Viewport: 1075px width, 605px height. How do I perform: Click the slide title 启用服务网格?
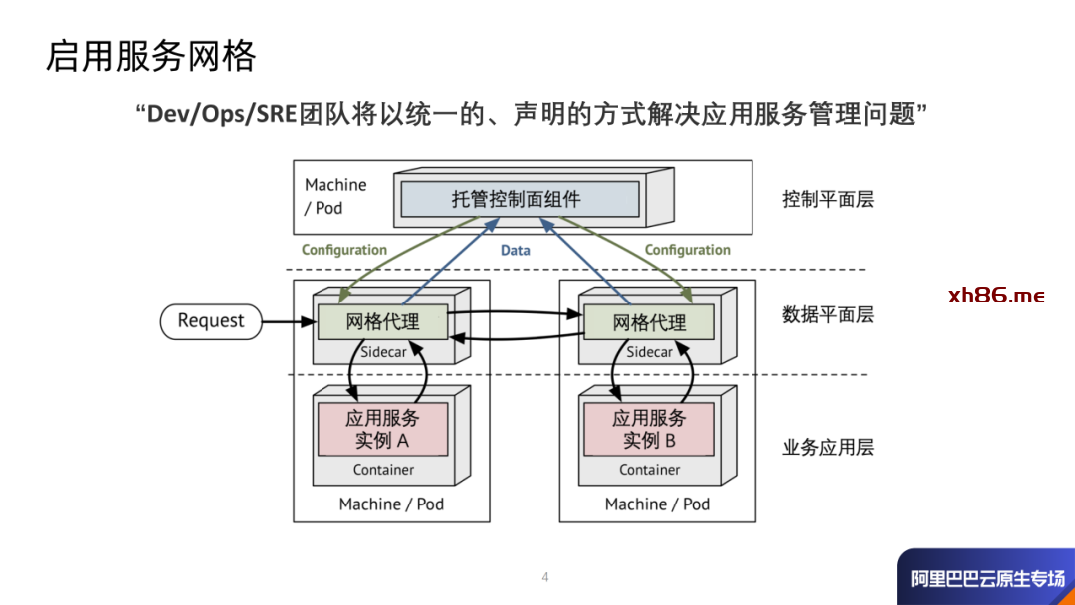[150, 56]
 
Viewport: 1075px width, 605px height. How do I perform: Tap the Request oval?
[210, 320]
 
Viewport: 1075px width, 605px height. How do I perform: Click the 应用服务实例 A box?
[382, 429]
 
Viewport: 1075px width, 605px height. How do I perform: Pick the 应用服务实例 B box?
[649, 429]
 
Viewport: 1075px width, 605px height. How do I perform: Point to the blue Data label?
[515, 251]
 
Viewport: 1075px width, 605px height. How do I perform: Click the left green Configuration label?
[344, 250]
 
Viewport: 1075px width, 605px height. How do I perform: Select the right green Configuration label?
[687, 250]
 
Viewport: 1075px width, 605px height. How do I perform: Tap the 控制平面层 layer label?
[828, 199]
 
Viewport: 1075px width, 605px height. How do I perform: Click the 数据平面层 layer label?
[828, 315]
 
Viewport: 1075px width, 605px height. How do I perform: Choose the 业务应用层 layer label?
[828, 447]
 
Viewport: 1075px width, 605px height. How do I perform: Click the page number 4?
[545, 577]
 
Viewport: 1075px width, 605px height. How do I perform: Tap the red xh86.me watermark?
[996, 296]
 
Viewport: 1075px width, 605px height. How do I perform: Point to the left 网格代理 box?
[382, 321]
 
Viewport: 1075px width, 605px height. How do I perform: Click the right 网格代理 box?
[649, 322]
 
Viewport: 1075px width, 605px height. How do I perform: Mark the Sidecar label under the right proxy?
[649, 352]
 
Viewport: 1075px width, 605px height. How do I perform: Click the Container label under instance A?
[383, 469]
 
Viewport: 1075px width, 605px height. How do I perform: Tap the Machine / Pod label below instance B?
[657, 504]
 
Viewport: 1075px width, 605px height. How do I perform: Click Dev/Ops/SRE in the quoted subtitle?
[222, 114]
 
